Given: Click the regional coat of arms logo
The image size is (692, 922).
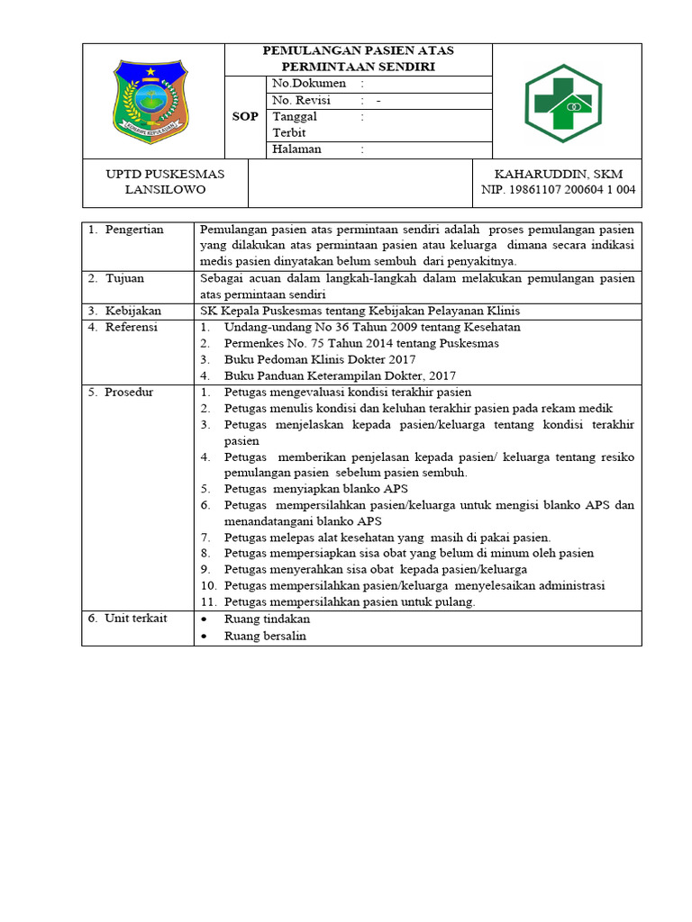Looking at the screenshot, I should [151, 101].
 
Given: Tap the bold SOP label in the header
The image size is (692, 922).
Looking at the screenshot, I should [245, 117].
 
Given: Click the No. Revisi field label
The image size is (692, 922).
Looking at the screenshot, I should [302, 101].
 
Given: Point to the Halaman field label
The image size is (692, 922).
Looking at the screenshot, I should [296, 149].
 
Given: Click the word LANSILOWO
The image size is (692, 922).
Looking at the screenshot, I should [165, 190].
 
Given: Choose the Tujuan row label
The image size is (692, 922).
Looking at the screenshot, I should [124, 278].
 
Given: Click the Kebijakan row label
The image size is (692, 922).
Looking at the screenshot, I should [132, 311].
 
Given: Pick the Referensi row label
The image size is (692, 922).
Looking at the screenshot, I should [131, 327].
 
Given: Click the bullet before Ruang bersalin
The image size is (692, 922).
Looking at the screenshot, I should [205, 637].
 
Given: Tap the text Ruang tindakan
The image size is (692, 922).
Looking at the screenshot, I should [267, 619].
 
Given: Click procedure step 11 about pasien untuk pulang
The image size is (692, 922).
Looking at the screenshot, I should [350, 601].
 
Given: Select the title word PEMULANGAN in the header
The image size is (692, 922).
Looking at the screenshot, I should [305, 51].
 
